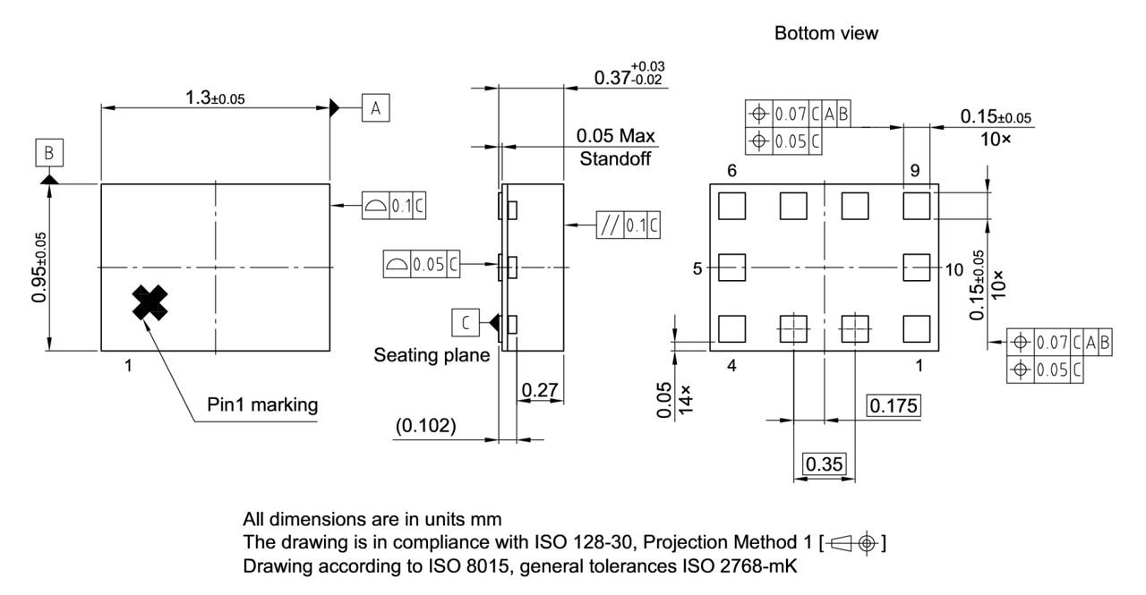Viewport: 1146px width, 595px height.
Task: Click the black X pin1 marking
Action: pyautogui.click(x=150, y=303)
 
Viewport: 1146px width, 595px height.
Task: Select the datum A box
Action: pyautogui.click(x=375, y=108)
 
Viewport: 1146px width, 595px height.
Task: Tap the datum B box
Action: pyautogui.click(x=49, y=153)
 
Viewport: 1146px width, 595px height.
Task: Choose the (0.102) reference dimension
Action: pyautogui.click(x=426, y=426)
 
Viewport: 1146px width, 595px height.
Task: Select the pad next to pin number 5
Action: pyautogui.click(x=732, y=267)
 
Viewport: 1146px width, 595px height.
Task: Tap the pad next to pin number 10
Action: pyautogui.click(x=916, y=267)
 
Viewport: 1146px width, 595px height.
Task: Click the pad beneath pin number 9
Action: pyautogui.click(x=916, y=206)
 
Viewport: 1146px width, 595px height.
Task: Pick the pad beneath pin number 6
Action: pyautogui.click(x=732, y=206)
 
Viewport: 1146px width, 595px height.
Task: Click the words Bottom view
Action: pyautogui.click(x=826, y=34)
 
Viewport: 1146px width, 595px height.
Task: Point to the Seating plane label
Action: pyautogui.click(x=432, y=355)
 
